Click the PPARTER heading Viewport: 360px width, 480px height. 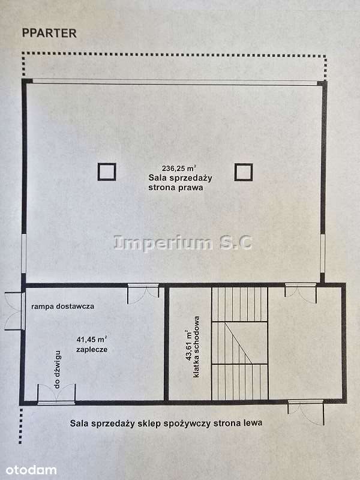tap(49, 33)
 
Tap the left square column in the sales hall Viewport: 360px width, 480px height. tap(107, 164)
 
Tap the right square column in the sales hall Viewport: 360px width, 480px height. tap(244, 164)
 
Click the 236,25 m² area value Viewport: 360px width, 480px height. tap(179, 168)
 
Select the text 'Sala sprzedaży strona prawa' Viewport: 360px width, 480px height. tap(180, 182)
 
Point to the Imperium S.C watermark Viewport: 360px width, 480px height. tap(183, 242)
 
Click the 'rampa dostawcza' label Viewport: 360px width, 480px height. tap(63, 306)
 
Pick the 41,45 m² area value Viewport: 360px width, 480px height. tap(92, 339)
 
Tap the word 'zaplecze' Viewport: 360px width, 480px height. tap(92, 349)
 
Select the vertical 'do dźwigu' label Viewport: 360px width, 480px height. tap(57, 370)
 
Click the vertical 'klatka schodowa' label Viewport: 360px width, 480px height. tap(196, 347)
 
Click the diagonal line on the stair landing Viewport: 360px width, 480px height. tap(238, 343)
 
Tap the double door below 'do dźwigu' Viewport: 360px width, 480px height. tap(56, 394)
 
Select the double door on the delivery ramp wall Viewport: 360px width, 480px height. tap(14, 311)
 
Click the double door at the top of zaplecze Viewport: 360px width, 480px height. tap(143, 293)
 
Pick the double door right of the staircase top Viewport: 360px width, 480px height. tap(301, 293)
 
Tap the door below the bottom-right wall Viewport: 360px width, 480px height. tap(306, 412)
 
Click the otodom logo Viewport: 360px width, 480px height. tap(31, 470)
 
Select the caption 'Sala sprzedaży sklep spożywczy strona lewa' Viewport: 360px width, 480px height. tap(166, 424)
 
